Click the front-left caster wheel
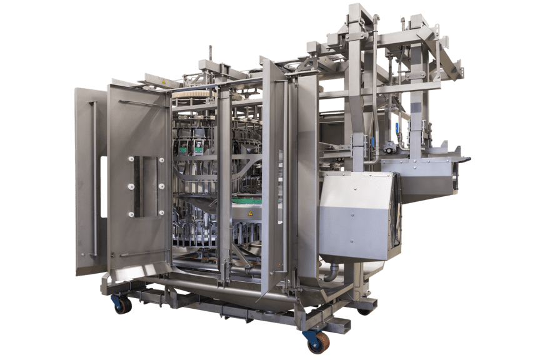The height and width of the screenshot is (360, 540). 122,305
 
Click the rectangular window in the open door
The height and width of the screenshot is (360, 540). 144,186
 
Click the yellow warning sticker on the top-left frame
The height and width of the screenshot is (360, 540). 164,81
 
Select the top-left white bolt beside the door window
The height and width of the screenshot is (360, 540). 131,159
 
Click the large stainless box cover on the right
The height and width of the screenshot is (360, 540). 356,216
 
